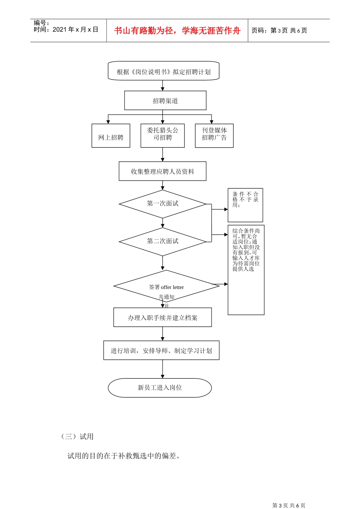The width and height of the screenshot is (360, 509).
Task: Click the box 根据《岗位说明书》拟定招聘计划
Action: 163,71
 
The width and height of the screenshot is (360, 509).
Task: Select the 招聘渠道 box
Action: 165,101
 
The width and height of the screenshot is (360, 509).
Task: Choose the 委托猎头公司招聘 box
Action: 163,135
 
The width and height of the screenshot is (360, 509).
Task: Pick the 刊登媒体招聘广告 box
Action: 214,135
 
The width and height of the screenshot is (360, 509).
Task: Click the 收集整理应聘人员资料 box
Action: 163,172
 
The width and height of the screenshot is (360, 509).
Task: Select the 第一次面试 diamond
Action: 163,204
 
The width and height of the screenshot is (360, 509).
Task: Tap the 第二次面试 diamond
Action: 163,241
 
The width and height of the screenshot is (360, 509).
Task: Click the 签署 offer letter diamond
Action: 166,286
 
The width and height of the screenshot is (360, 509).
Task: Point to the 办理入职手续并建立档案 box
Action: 163,317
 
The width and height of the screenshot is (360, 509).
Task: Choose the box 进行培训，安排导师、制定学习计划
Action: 161,350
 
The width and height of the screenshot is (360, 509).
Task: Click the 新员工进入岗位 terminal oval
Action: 160,388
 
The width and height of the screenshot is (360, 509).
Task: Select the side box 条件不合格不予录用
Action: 245,205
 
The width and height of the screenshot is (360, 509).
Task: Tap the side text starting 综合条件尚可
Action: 246,250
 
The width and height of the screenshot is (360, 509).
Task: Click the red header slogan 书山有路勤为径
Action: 177,31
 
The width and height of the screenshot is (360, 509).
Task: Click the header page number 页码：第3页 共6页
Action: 279,31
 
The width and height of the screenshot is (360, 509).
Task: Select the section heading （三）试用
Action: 77,436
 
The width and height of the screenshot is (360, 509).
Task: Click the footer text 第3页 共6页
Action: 289,505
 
